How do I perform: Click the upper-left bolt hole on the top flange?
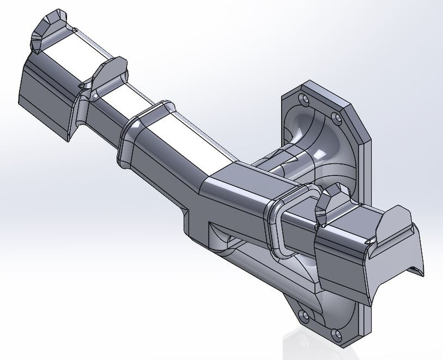[x=305, y=100]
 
